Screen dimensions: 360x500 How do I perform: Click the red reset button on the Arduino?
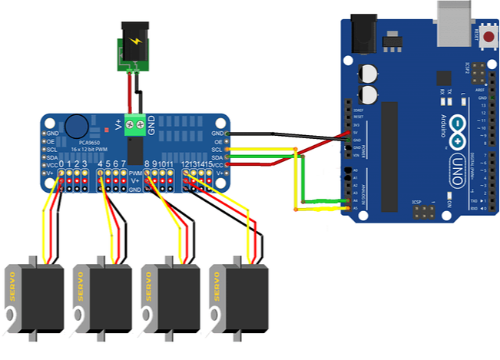[x=488, y=35]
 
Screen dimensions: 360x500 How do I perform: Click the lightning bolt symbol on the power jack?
[x=134, y=43]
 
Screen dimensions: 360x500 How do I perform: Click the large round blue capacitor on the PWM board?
[x=75, y=124]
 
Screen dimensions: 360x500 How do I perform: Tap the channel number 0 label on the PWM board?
[x=62, y=164]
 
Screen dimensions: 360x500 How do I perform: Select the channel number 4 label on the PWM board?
[x=101, y=164]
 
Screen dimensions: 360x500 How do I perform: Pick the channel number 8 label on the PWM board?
[x=147, y=164]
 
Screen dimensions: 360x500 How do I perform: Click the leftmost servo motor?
[x=31, y=300]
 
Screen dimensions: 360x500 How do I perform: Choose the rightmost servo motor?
[x=239, y=300]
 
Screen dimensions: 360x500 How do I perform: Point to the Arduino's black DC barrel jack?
[x=362, y=35]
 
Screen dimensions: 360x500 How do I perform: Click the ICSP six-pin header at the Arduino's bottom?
[x=423, y=209]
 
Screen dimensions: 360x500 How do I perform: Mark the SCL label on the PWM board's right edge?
[x=217, y=150]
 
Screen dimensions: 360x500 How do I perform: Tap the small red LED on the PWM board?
[x=94, y=121]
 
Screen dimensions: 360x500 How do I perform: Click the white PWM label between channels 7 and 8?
[x=134, y=174]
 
